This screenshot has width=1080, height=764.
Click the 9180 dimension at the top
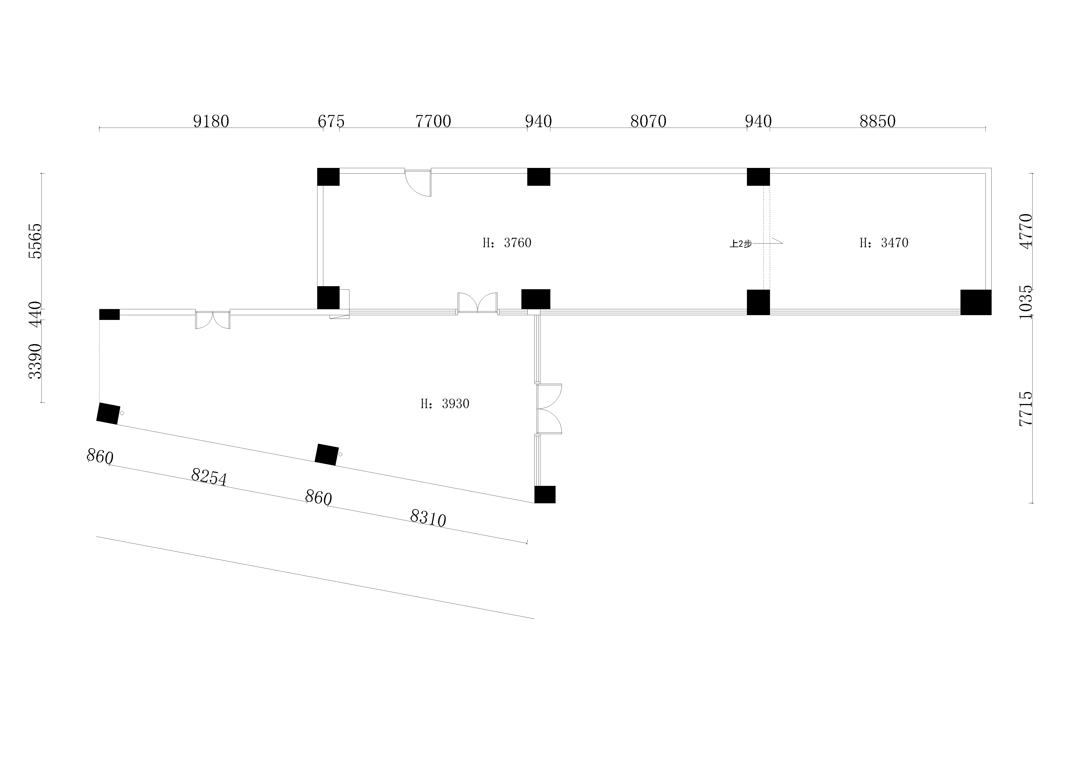[211, 121]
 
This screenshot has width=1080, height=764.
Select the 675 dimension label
[331, 121]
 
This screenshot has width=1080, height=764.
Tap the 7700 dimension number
[433, 121]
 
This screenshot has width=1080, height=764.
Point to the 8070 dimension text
[648, 121]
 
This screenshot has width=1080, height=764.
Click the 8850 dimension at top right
[878, 121]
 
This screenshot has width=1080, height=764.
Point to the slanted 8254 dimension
[209, 477]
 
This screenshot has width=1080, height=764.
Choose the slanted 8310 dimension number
[428, 518]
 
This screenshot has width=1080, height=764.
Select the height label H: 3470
[884, 243]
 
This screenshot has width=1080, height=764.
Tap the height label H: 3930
[445, 404]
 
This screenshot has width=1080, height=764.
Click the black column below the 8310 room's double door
[545, 494]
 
